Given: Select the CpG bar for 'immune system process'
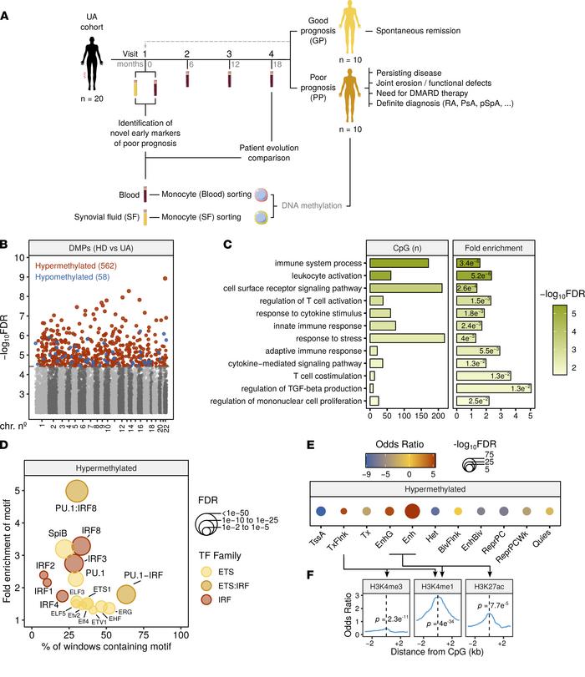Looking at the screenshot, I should [x=399, y=263].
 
